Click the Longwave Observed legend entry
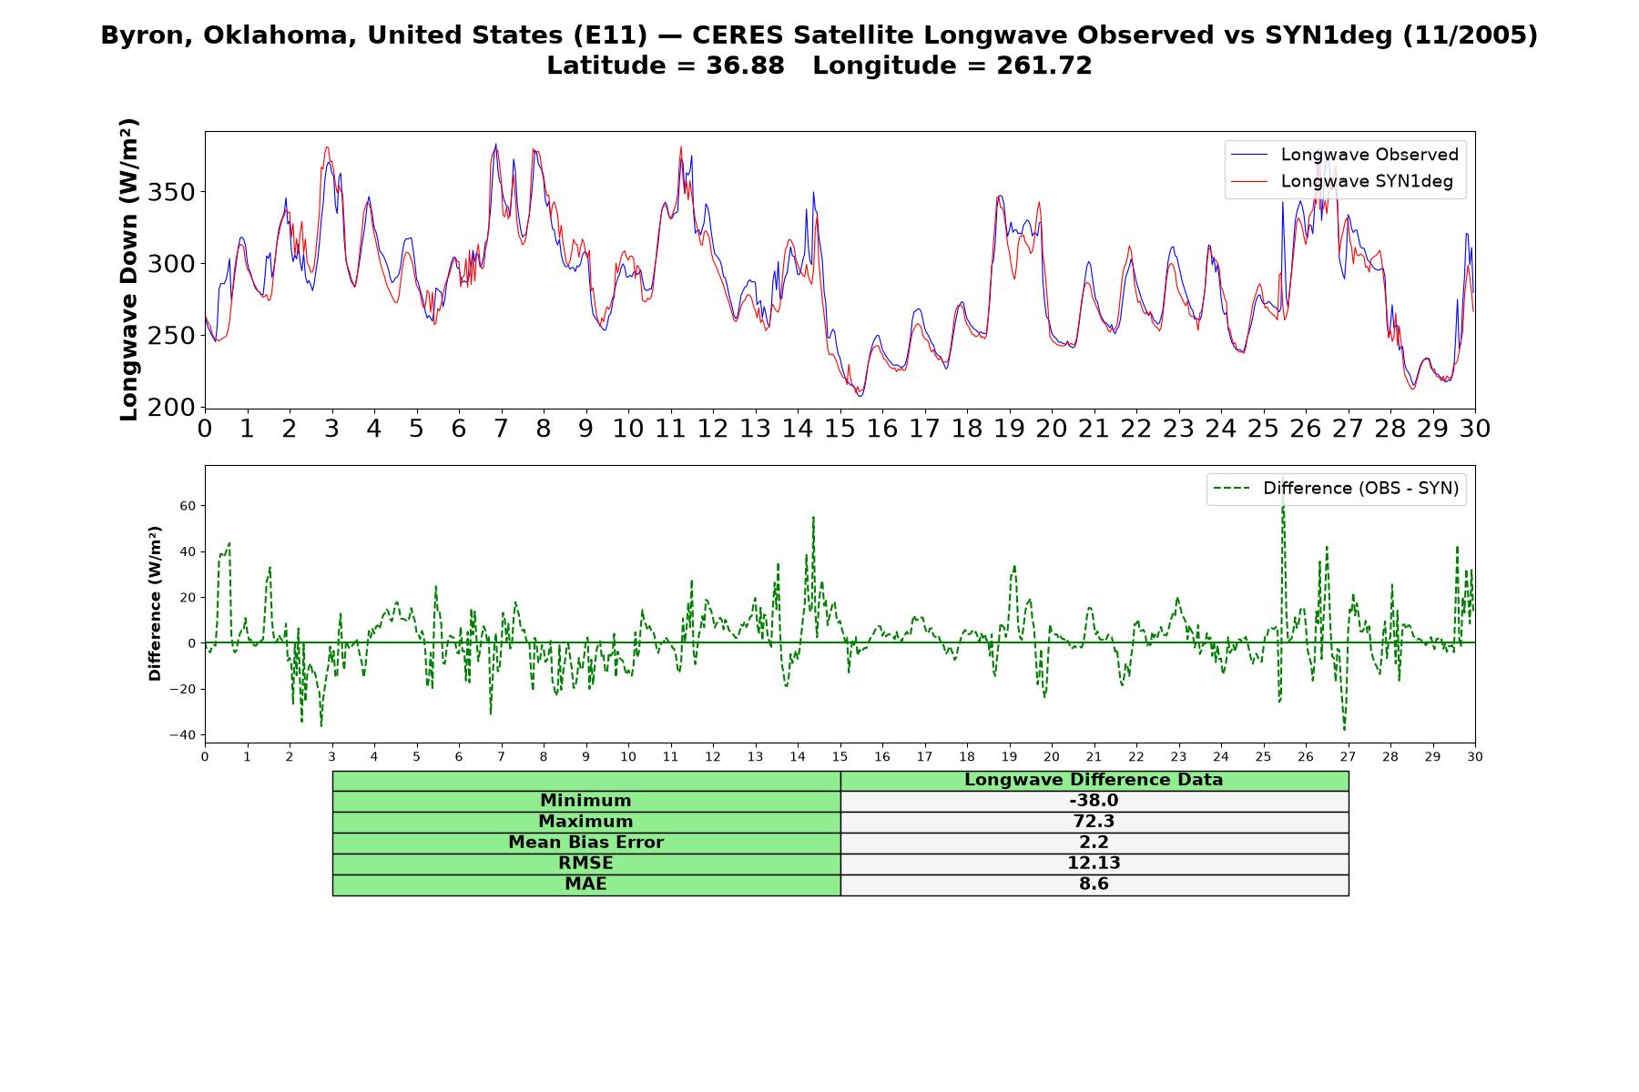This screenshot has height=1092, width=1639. coord(1345,155)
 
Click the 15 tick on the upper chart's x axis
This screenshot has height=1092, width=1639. coord(840,429)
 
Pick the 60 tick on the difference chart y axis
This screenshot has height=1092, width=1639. coord(187,506)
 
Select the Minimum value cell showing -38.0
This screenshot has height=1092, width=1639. coord(1094,801)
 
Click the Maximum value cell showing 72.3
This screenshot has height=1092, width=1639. coord(1094,822)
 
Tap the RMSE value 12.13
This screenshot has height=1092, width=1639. coord(1094,864)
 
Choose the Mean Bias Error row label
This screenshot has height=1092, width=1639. coord(586,843)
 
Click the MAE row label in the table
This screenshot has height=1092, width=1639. coord(586,885)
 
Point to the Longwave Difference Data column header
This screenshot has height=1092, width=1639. coord(1094,780)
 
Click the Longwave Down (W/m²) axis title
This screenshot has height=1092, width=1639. coord(128,269)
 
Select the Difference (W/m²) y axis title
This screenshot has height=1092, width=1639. coord(155,603)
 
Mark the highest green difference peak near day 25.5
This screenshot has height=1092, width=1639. coord(1283,499)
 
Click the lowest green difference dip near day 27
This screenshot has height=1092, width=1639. coord(1344,728)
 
